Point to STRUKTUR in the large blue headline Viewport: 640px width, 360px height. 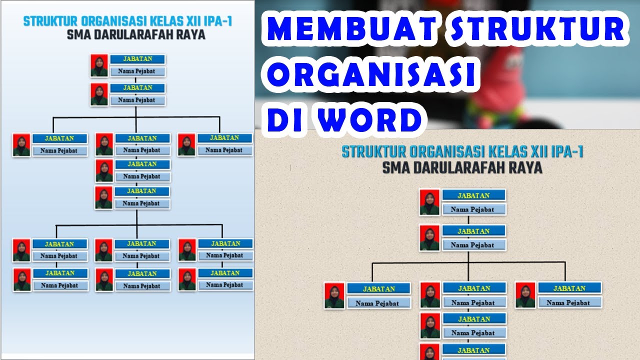click(537, 30)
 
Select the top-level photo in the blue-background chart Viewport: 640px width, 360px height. click(99, 65)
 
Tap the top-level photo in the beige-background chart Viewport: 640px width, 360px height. click(429, 202)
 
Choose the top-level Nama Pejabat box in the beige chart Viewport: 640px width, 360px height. click(474, 209)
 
